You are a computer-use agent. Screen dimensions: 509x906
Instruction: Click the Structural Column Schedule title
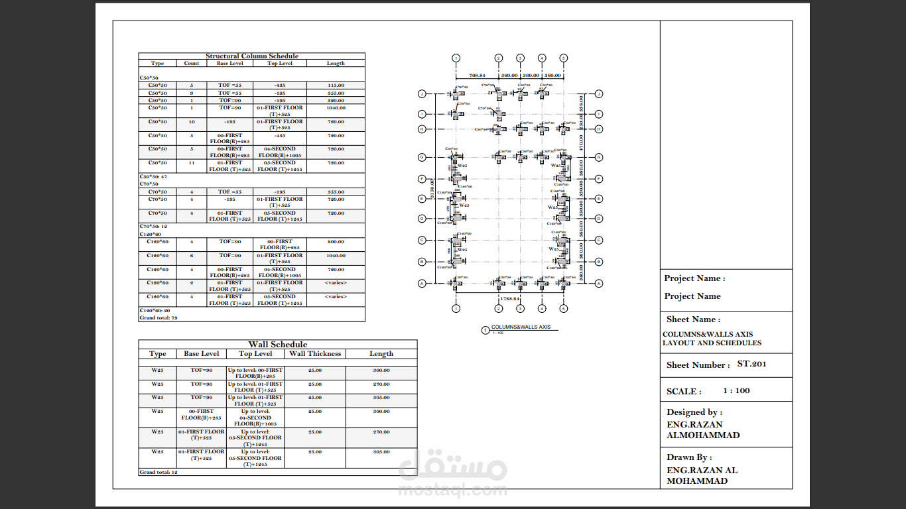tap(252, 56)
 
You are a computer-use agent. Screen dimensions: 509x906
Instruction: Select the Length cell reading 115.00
tap(336, 85)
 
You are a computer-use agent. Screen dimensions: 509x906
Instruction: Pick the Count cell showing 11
tap(192, 162)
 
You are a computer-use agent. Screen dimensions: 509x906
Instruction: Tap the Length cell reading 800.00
tap(336, 242)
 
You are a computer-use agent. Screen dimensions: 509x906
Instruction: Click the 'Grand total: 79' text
tap(159, 317)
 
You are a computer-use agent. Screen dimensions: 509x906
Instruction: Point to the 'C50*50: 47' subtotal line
tap(153, 177)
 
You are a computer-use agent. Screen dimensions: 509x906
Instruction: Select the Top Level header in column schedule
tap(281, 64)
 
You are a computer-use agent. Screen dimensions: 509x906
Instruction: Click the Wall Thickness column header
tap(315, 354)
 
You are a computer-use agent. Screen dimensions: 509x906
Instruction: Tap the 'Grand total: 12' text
tap(159, 472)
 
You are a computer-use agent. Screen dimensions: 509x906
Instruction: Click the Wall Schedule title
tap(278, 345)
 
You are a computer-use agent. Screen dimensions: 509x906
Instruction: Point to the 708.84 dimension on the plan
tap(477, 76)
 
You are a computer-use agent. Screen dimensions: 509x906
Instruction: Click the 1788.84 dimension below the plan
tap(509, 299)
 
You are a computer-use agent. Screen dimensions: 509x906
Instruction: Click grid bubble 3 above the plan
tap(520, 58)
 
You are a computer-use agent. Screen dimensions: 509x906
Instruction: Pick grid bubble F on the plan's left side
tap(421, 179)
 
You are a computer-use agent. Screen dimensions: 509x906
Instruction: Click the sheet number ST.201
tap(751, 365)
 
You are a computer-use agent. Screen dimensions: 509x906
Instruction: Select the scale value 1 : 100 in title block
tap(736, 391)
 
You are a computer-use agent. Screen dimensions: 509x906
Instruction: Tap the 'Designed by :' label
tap(694, 412)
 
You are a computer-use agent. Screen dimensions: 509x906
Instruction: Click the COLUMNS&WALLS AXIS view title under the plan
tap(521, 327)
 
